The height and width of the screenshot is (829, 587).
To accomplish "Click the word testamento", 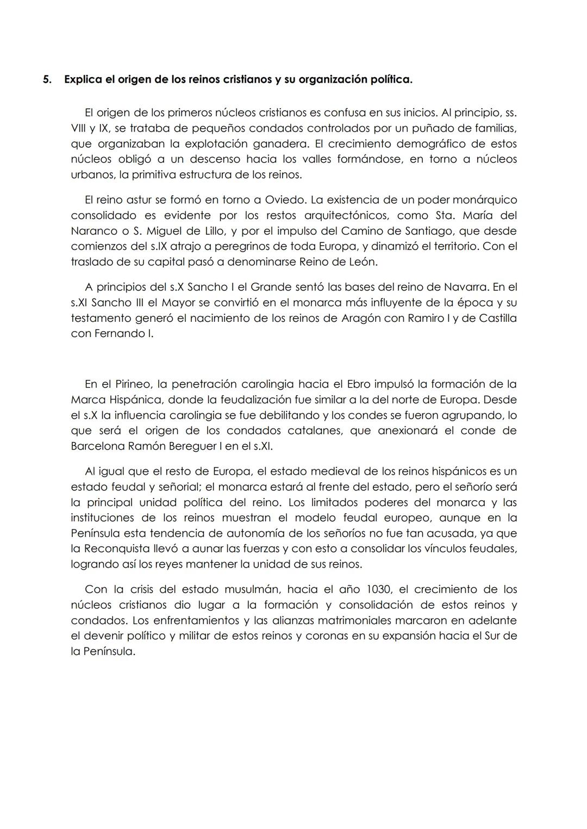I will (x=101, y=318).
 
